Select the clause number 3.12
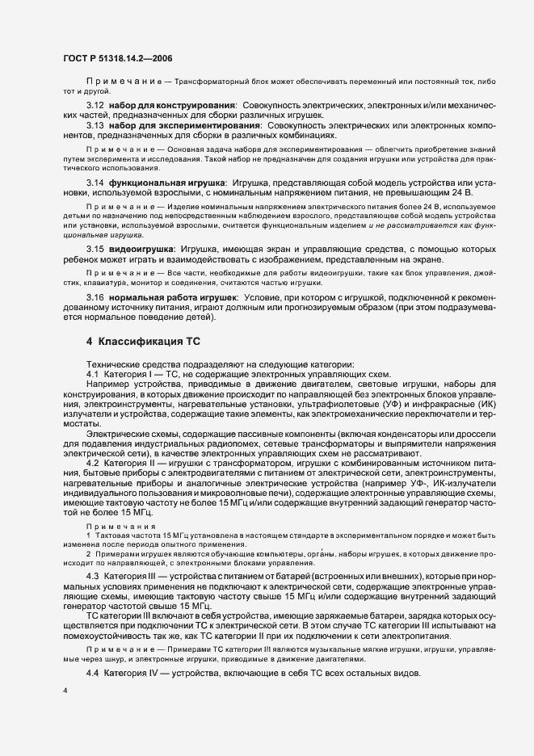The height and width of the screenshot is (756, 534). tap(95, 106)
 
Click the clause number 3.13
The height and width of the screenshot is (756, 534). tap(95, 125)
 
